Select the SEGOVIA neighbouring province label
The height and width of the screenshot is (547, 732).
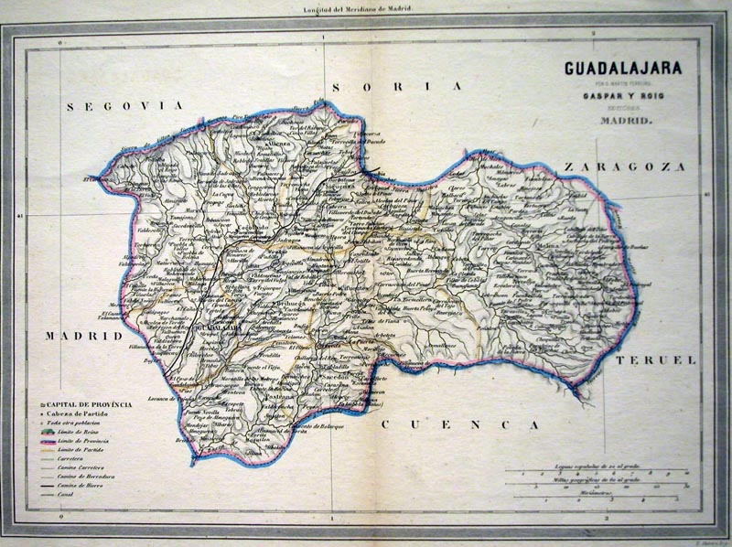(125, 106)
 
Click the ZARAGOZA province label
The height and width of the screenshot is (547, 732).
(624, 166)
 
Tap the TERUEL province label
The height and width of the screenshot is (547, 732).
(655, 360)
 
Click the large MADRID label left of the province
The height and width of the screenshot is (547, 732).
(83, 336)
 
